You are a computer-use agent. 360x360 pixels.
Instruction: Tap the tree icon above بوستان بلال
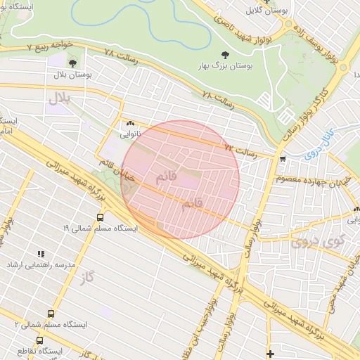[x=72, y=63]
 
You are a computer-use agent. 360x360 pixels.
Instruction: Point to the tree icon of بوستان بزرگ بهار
[x=225, y=54]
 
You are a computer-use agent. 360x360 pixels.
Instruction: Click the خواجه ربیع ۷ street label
[x=50, y=45]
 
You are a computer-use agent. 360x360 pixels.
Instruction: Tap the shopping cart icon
[x=283, y=159]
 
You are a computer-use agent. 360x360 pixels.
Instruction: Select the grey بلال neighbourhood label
[x=60, y=99]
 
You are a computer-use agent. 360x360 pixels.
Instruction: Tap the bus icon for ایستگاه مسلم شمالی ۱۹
[x=100, y=217]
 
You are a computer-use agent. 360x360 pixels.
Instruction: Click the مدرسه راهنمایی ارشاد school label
[x=41, y=264]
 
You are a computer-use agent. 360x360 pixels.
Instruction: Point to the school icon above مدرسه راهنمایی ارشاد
[x=41, y=253]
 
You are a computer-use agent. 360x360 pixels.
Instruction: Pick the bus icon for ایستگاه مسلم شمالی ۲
[x=51, y=314]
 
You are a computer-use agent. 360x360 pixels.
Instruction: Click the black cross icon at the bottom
[x=270, y=352]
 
